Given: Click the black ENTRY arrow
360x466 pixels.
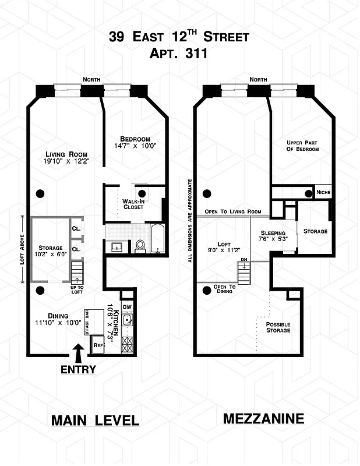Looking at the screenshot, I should coord(77,352).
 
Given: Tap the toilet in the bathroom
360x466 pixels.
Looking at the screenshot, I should coord(141,246).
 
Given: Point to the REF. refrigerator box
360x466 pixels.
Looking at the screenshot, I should coord(99,345).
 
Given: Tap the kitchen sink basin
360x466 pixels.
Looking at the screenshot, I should coord(128,320).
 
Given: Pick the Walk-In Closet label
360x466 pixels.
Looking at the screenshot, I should coord(133,204).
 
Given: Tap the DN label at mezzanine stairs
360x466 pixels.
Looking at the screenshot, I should coord(245,260).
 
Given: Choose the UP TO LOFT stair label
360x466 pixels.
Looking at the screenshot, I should coord(77,289).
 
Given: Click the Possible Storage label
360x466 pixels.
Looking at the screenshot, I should coord(278,327).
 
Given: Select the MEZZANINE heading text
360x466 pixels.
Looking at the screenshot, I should coord(263,418).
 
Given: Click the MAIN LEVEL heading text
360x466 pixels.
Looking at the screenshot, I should coord(95,420).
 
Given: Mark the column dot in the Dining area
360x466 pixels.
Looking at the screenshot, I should coord(40,290).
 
